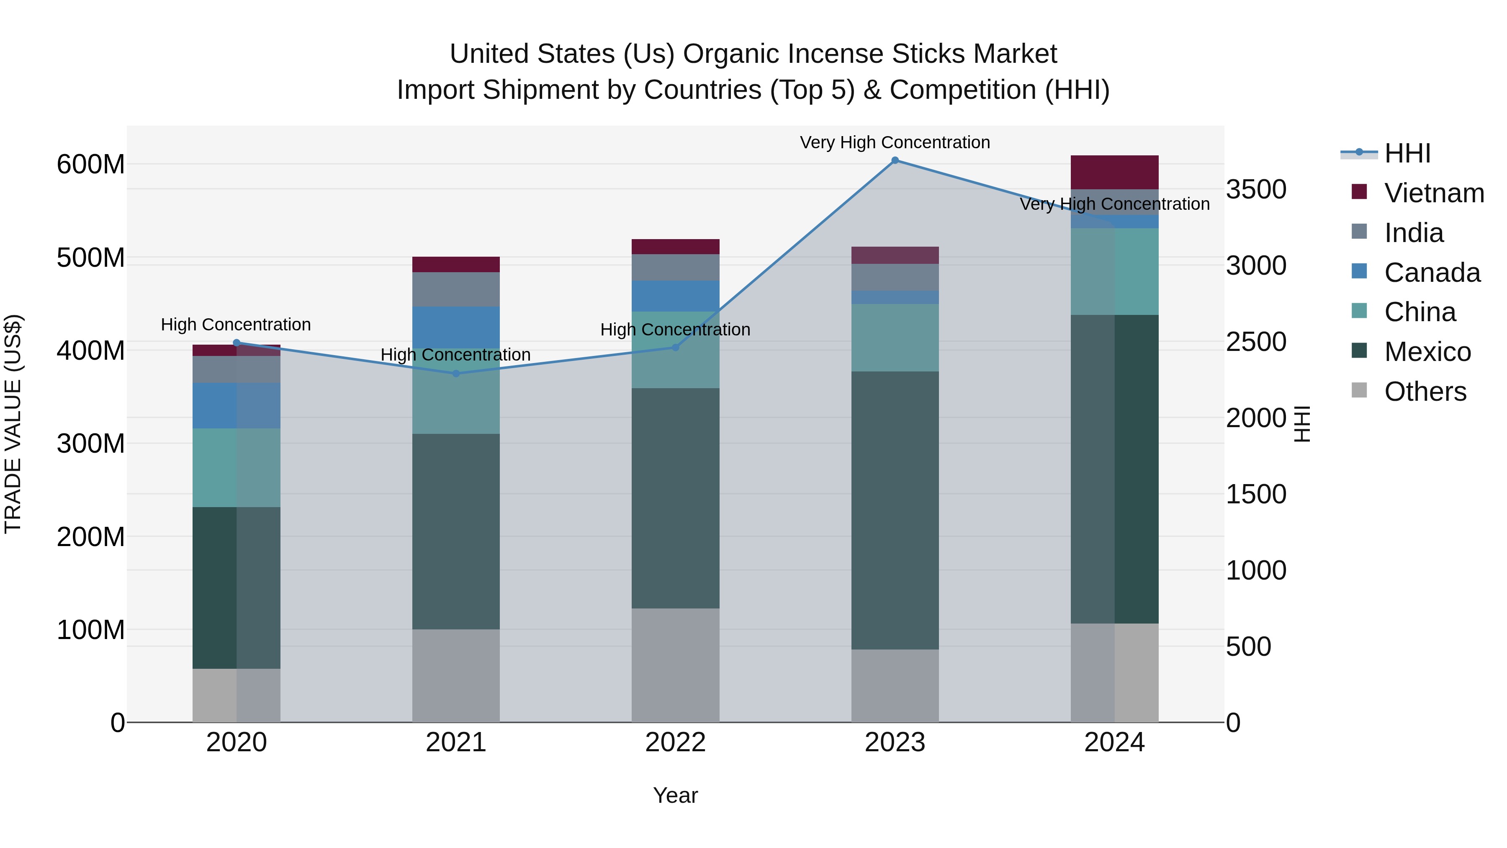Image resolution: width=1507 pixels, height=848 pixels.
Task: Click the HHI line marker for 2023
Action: point(895,160)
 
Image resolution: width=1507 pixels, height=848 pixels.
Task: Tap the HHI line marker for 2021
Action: point(456,374)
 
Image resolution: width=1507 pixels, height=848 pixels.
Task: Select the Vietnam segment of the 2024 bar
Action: point(1114,172)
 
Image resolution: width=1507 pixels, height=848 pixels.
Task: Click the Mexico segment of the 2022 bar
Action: point(675,498)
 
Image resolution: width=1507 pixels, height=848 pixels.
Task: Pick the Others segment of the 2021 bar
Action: point(456,675)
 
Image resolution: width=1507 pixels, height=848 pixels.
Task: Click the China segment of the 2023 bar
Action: point(895,337)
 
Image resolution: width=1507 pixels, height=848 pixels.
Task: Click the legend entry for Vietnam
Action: point(1433,193)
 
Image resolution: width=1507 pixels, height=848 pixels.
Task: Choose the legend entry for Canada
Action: point(1432,273)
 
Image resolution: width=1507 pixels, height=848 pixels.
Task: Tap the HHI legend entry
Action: point(1407,153)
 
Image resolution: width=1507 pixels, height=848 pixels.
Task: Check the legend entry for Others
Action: point(1425,392)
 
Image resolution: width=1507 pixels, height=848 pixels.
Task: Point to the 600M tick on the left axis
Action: point(91,165)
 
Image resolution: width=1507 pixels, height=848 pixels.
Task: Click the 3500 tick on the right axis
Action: point(1255,190)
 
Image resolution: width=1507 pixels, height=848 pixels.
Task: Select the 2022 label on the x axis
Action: point(675,742)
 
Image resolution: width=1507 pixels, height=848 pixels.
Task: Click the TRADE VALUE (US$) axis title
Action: point(13,424)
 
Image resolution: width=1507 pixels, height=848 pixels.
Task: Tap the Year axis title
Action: point(675,795)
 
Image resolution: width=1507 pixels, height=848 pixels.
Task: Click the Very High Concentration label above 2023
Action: point(895,142)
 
